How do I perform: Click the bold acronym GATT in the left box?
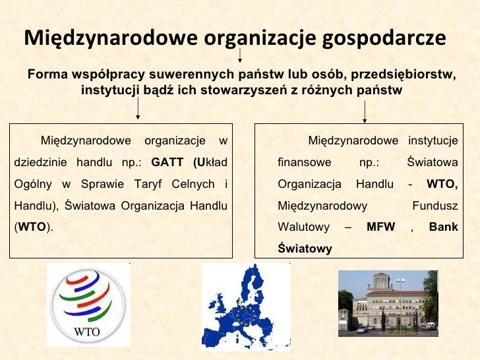pyautogui.click(x=167, y=162)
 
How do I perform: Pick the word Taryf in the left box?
pyautogui.click(x=150, y=184)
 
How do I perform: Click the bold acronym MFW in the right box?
pyautogui.click(x=380, y=227)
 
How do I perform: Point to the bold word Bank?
pyautogui.click(x=443, y=227)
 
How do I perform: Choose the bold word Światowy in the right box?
pyautogui.click(x=305, y=249)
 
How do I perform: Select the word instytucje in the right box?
pyautogui.click(x=433, y=140)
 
